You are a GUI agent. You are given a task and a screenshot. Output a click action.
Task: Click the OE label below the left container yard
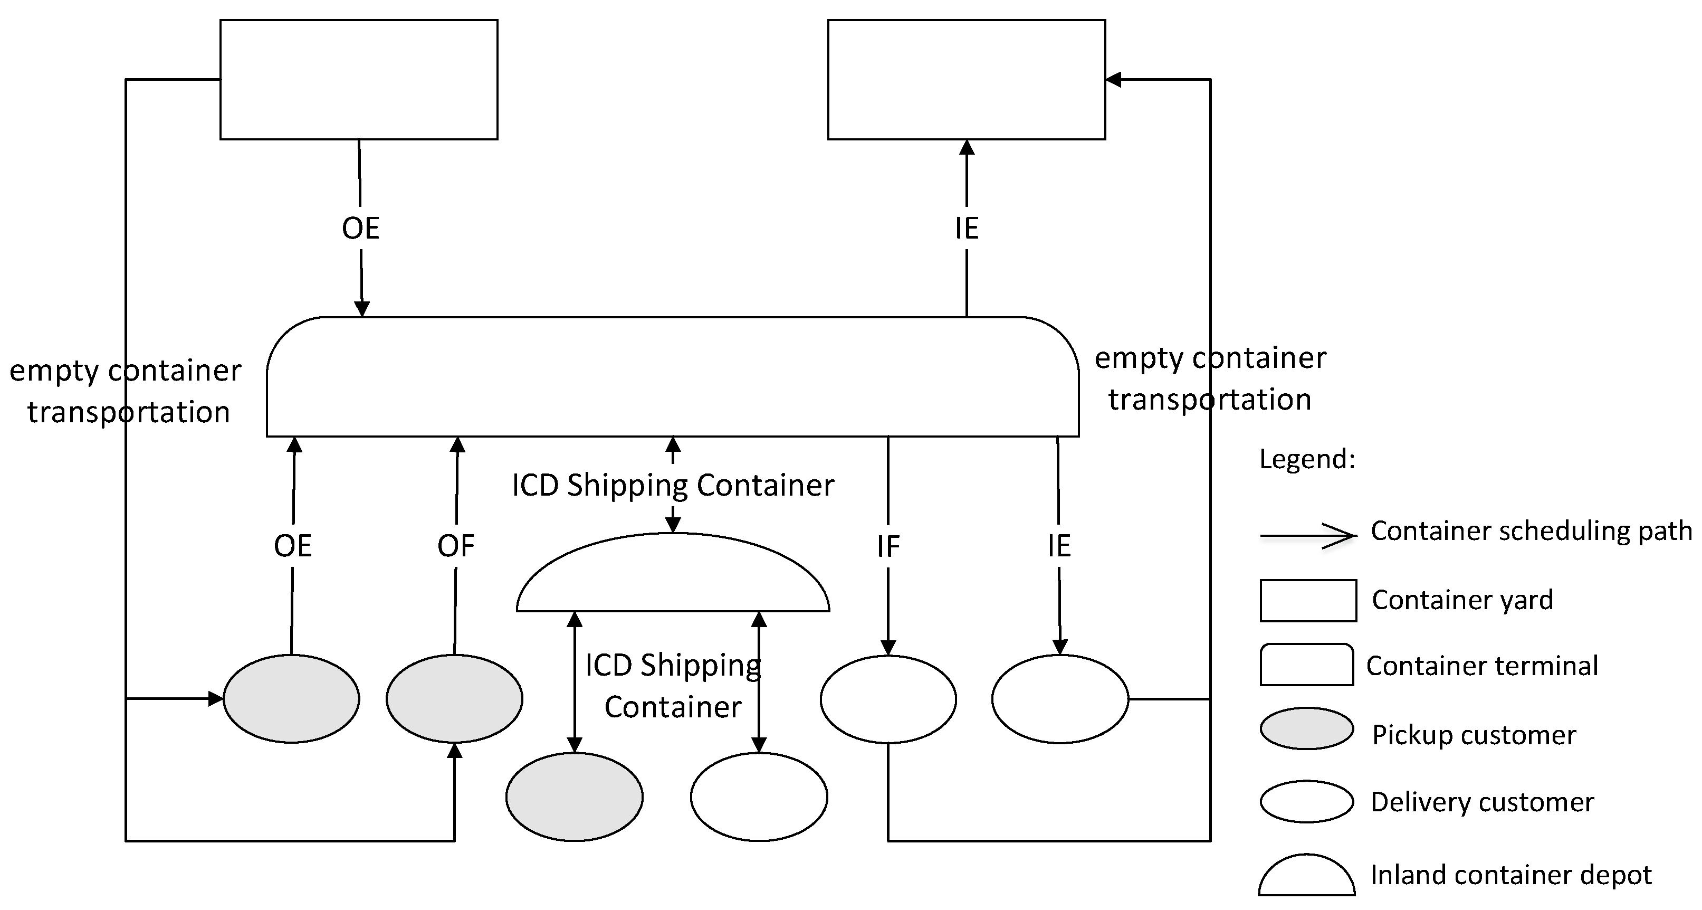click(360, 228)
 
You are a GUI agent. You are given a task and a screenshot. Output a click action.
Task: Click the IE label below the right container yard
click(966, 228)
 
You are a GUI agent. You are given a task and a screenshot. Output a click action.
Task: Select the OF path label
click(456, 546)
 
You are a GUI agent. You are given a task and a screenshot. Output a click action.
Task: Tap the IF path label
click(888, 546)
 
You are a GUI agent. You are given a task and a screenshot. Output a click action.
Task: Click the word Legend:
click(1307, 459)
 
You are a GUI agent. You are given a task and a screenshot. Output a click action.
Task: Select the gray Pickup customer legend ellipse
click(1306, 728)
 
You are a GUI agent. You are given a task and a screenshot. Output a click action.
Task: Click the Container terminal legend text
click(1481, 666)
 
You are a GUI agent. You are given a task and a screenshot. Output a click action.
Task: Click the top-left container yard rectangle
click(358, 79)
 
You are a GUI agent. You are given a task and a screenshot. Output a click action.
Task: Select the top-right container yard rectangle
click(966, 79)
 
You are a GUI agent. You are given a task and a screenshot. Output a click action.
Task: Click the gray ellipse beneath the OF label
click(455, 698)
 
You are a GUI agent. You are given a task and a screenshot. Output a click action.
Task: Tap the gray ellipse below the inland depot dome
click(574, 797)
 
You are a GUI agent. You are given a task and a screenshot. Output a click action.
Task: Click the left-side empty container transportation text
click(126, 391)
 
